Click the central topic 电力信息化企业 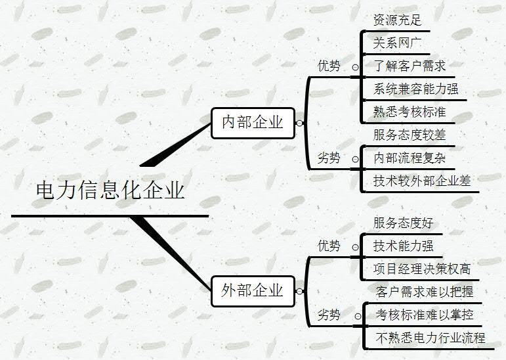[110, 191]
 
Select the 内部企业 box [253, 122]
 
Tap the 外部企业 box [253, 290]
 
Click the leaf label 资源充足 [396, 20]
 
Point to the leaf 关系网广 [396, 43]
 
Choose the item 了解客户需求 [410, 66]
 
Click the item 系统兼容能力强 [415, 89]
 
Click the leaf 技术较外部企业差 [422, 181]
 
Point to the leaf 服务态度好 [403, 223]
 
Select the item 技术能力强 [403, 246]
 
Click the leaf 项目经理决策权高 [422, 268]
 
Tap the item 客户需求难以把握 [425, 292]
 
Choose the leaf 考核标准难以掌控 [425, 315]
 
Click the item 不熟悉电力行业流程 [431, 338]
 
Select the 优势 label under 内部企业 [329, 66]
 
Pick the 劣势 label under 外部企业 [329, 315]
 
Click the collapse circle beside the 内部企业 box [299, 123]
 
